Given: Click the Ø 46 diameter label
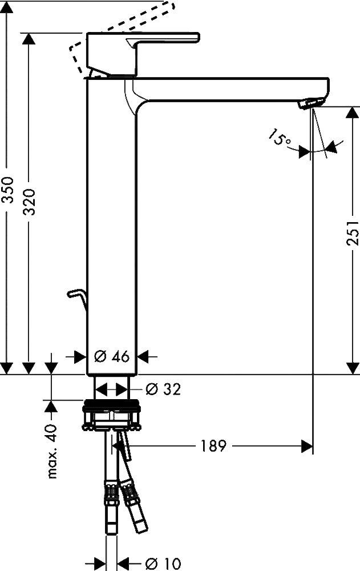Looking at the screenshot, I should pyautogui.click(x=112, y=356).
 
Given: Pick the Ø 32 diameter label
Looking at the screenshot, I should pyautogui.click(x=163, y=389).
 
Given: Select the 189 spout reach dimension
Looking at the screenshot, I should pyautogui.click(x=213, y=445).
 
